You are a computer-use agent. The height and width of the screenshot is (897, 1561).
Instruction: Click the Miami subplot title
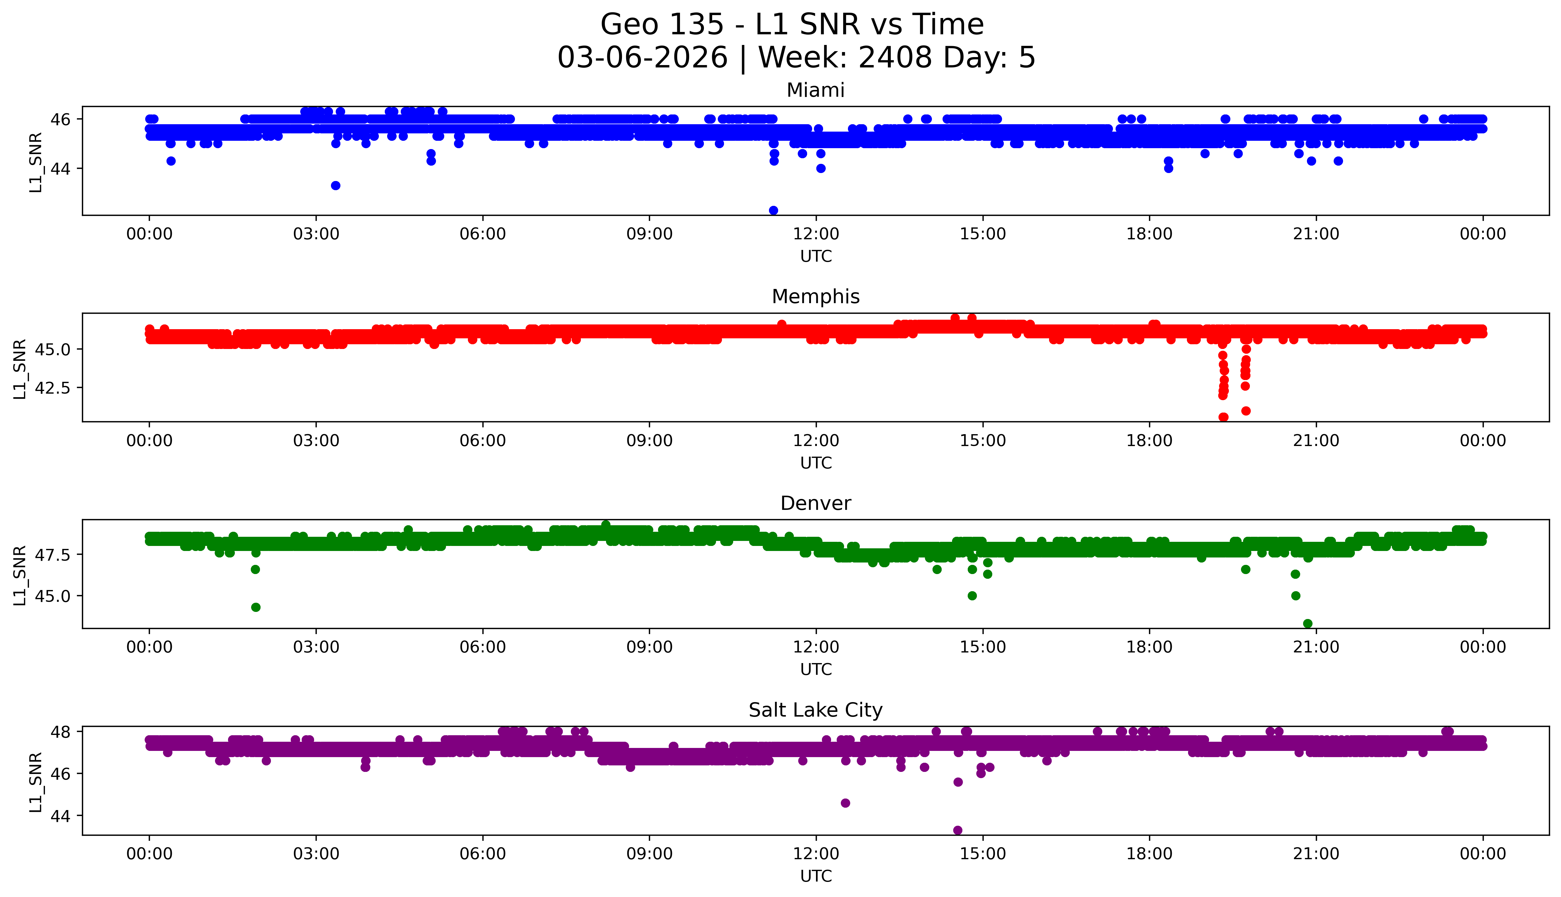click(815, 90)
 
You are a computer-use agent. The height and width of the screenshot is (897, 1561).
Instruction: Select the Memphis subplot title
click(815, 297)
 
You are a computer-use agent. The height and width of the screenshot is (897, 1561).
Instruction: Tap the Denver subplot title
click(815, 503)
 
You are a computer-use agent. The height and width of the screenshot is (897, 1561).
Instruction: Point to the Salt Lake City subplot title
click(815, 710)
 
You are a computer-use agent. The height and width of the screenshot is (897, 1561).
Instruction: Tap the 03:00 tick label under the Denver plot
click(316, 647)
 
